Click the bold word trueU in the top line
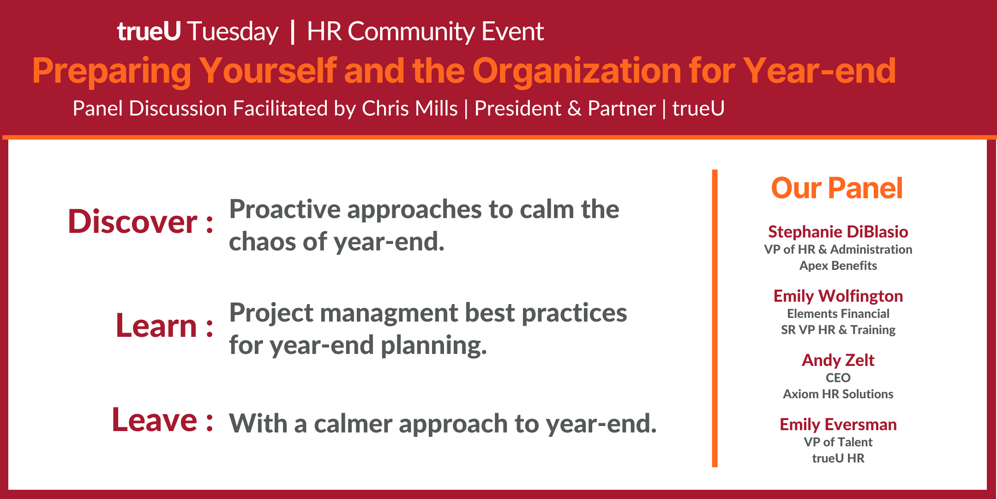[x=149, y=31]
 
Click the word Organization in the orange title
[x=576, y=72]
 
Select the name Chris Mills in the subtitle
[x=410, y=109]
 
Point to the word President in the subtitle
[x=518, y=109]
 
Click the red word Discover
[x=132, y=222]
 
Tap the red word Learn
[x=156, y=326]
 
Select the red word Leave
[x=155, y=420]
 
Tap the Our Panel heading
[x=837, y=189]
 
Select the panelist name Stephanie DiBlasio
[x=838, y=231]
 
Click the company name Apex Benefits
[x=838, y=266]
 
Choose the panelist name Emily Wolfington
[x=838, y=296]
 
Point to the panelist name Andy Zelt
[x=838, y=360]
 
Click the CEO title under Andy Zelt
[x=838, y=378]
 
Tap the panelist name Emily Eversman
[x=838, y=424]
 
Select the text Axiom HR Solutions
[x=838, y=394]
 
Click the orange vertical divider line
[x=715, y=318]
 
